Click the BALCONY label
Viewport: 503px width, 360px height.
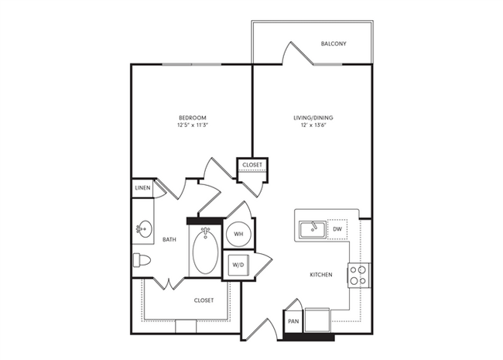pos(333,43)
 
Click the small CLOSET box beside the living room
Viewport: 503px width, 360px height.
pos(251,166)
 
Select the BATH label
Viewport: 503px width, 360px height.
pos(169,240)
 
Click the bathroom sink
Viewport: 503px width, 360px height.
pos(143,229)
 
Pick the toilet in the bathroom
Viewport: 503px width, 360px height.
pos(140,261)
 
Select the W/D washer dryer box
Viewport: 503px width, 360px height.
pos(237,265)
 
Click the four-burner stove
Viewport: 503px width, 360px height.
pos(359,274)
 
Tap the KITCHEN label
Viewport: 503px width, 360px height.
pos(320,275)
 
